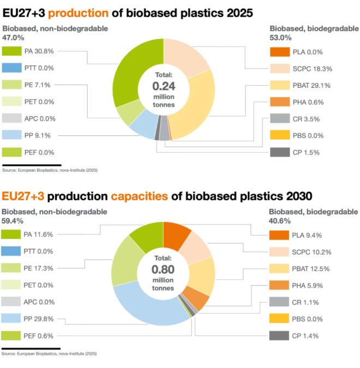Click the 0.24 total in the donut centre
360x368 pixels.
pyautogui.click(x=163, y=86)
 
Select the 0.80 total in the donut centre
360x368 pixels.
pyautogui.click(x=163, y=269)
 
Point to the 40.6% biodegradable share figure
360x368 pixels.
pyautogui.click(x=280, y=221)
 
